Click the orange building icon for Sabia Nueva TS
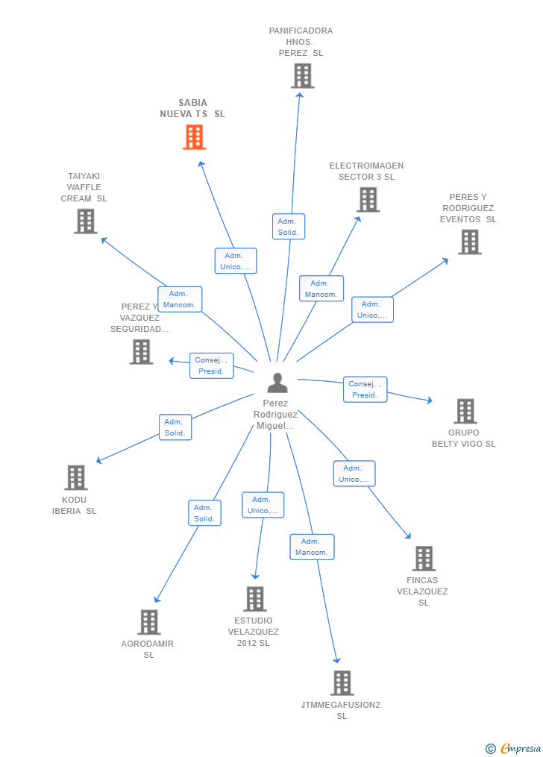point(194,137)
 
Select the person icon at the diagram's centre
point(277,383)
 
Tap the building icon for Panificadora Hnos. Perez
point(302,76)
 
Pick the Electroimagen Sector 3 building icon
point(368,200)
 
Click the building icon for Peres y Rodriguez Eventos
point(469,242)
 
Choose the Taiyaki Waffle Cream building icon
point(86,222)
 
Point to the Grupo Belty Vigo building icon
point(465,411)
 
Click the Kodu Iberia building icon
point(75,478)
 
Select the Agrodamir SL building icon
point(149,622)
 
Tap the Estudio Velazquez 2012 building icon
point(255,599)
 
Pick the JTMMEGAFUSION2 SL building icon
point(342,683)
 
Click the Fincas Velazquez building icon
point(424,559)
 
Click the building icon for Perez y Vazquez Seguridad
point(141,352)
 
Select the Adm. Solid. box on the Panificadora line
point(288,227)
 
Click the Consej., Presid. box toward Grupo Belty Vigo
point(365,389)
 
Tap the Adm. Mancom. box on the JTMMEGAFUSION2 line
point(312,547)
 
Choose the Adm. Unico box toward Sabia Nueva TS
point(236,261)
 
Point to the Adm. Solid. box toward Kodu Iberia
point(175,427)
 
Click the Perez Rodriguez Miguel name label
point(275,415)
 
